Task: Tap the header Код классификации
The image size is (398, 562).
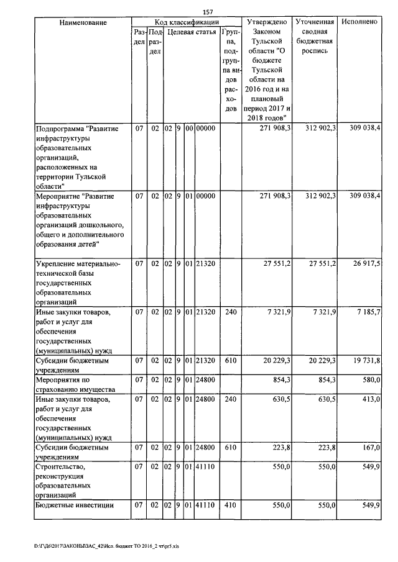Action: (187, 22)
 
